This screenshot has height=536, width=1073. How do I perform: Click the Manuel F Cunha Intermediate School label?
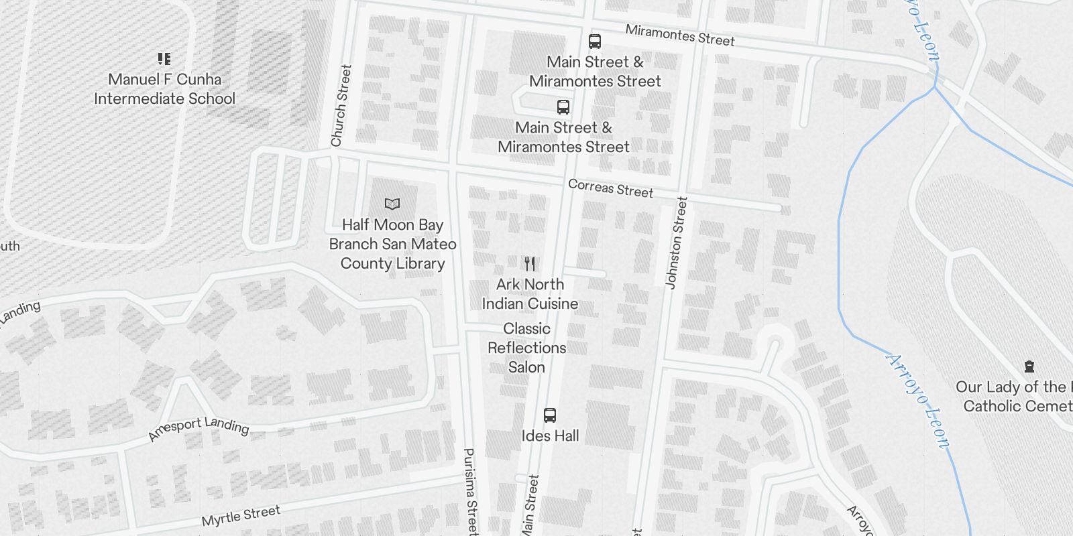[x=164, y=89]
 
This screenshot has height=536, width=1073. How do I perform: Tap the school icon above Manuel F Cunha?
[x=164, y=59]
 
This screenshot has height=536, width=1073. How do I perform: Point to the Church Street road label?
[x=341, y=106]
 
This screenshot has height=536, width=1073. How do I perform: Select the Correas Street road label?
[x=610, y=188]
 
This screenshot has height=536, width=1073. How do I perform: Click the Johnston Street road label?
[x=677, y=243]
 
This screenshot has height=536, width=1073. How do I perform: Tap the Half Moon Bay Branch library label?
[x=392, y=244]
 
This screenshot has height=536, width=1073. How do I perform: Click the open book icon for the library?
[x=392, y=204]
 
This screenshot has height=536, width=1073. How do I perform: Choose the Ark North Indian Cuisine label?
[x=530, y=294]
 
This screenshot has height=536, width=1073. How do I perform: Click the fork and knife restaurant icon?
[x=530, y=263]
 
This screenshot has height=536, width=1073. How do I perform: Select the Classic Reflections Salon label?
[x=526, y=348]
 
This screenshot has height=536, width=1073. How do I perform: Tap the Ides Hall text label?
[x=550, y=436]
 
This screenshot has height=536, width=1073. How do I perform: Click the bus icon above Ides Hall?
[x=550, y=415]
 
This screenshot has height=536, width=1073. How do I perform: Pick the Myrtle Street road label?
[x=241, y=516]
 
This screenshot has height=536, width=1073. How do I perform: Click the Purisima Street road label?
[x=471, y=490]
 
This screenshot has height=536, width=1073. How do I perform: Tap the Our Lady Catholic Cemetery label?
[x=1016, y=396]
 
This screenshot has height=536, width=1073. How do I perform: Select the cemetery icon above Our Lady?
[x=1029, y=366]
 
